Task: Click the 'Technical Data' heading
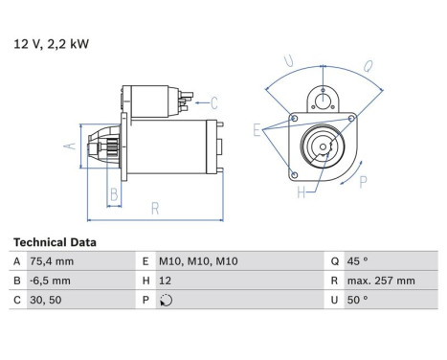(55, 242)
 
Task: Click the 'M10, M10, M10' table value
(198, 261)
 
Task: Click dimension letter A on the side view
(69, 146)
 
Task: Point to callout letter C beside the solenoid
(214, 102)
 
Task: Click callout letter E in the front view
(257, 127)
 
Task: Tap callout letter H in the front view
(301, 194)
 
